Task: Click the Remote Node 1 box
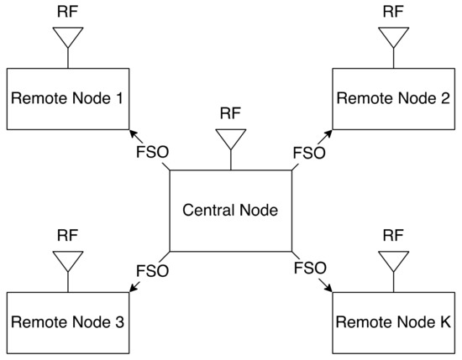point(66,98)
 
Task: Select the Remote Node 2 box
point(392,98)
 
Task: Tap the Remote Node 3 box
point(66,322)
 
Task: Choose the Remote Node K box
point(392,322)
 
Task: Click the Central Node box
point(231,211)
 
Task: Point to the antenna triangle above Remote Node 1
point(66,37)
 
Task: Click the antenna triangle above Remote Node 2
point(392,37)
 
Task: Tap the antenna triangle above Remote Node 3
point(66,261)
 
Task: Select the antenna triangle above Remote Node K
point(392,261)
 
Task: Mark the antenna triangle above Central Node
point(231,138)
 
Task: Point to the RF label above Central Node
point(231,112)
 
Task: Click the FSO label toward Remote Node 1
point(153,153)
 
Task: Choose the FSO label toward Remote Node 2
point(307,153)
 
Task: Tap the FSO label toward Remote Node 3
point(153,270)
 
